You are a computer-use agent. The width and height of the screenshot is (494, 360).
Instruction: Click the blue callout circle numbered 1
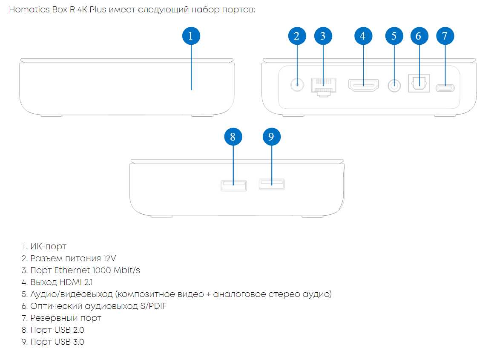(191, 36)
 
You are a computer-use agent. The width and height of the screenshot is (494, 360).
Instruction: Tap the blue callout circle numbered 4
(363, 36)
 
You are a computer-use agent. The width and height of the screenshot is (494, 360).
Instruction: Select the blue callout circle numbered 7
(445, 36)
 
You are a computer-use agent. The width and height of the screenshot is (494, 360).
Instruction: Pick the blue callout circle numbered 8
(233, 137)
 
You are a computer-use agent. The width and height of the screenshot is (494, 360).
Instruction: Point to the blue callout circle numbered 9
(272, 137)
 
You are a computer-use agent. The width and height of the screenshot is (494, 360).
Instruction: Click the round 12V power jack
(297, 85)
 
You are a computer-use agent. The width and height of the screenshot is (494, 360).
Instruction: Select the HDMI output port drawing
(363, 85)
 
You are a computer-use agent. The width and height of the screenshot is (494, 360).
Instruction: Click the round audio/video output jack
(395, 86)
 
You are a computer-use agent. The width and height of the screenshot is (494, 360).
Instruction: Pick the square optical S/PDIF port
(419, 84)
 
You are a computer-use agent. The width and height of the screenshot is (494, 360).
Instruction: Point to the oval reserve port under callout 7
(445, 88)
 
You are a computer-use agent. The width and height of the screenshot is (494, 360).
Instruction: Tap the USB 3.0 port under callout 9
(272, 184)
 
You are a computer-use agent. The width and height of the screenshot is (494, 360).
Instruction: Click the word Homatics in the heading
(27, 10)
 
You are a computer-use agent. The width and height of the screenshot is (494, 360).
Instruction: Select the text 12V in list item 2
(109, 258)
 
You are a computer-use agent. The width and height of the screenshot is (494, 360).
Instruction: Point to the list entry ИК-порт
(48, 246)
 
